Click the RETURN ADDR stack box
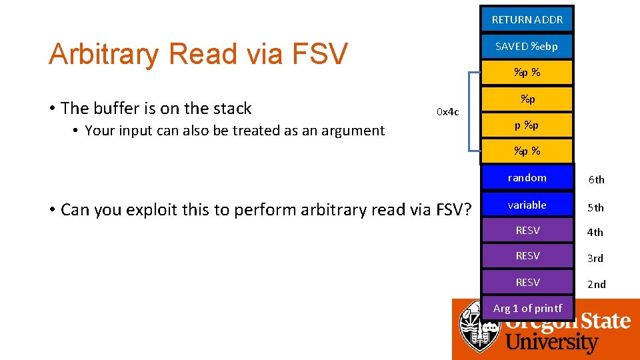527,19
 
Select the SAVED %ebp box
527,46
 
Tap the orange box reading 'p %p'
527,125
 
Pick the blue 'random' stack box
527,177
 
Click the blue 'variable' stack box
527,205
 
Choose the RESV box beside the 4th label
527,231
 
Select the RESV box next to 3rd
527,256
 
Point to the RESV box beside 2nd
527,282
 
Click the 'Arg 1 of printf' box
527,308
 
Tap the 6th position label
595,179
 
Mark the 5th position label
595,207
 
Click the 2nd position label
596,284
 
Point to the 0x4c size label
447,111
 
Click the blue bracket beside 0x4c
471,111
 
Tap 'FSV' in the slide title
321,54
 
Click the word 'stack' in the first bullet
231,108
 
